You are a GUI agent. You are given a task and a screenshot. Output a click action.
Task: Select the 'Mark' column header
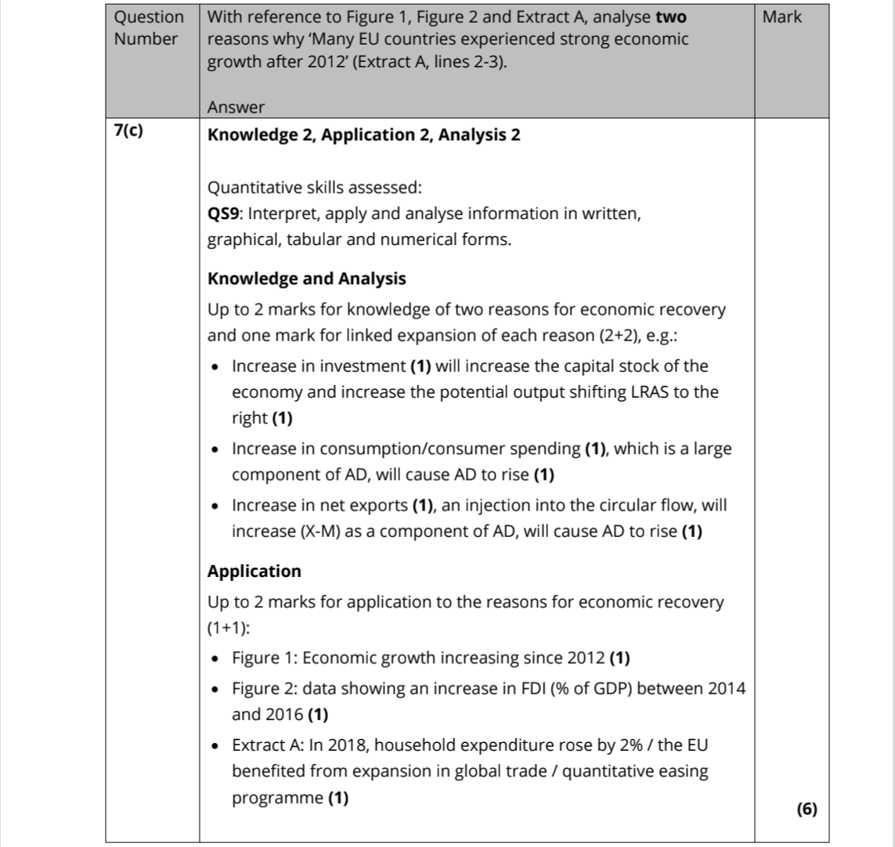[x=781, y=17]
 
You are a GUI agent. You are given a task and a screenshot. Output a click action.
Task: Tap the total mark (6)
[x=806, y=809]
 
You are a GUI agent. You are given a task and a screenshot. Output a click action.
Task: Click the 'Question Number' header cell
[x=150, y=27]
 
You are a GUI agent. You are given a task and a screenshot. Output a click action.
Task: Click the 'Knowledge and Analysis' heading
[x=306, y=279]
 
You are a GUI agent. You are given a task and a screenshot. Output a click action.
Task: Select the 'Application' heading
[x=254, y=571]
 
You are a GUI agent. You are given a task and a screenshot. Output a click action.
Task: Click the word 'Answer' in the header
[x=236, y=107]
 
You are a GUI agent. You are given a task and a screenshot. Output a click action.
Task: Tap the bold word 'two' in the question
[x=671, y=17]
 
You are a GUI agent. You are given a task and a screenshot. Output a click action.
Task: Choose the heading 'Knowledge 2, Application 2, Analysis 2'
[x=363, y=135]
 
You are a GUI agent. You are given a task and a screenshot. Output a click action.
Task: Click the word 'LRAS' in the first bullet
[x=648, y=392]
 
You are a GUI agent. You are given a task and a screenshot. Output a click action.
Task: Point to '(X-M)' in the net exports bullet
[x=320, y=532]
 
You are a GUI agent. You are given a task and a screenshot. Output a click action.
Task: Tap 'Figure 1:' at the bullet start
[x=263, y=658]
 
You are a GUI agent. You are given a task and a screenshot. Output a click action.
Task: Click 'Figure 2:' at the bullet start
[x=264, y=689]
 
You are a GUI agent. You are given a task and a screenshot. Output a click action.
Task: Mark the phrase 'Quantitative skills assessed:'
[x=314, y=188]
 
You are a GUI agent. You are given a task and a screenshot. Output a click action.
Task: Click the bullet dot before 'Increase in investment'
[x=215, y=366]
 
